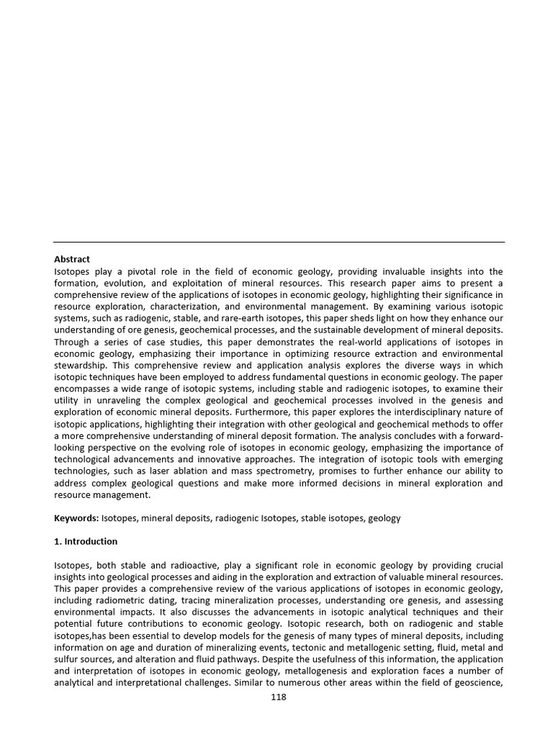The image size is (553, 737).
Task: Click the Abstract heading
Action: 72,259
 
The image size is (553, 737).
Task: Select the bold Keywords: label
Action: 76,518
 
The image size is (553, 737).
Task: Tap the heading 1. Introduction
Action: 86,541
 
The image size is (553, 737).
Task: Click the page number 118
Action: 279,697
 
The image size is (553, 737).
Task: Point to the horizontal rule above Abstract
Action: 279,242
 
